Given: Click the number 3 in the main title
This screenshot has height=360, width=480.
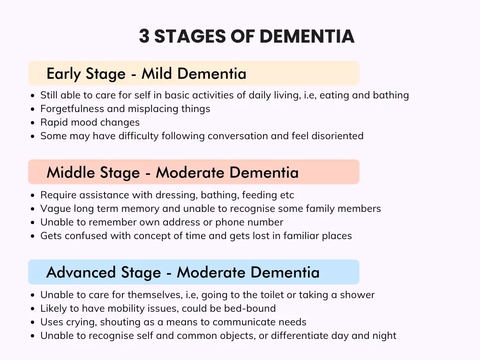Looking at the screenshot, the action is tap(144, 36).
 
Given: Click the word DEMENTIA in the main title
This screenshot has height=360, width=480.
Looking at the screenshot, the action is tap(307, 36).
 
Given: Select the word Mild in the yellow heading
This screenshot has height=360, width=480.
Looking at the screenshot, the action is tap(156, 74).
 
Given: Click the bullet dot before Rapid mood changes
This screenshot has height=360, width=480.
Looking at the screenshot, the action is tap(33, 122).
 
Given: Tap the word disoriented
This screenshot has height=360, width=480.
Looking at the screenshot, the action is tap(337, 135).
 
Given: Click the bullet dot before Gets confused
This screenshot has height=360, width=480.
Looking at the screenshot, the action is tap(33, 236).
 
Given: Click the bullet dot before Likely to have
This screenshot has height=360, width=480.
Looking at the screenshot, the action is tap(33, 308).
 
